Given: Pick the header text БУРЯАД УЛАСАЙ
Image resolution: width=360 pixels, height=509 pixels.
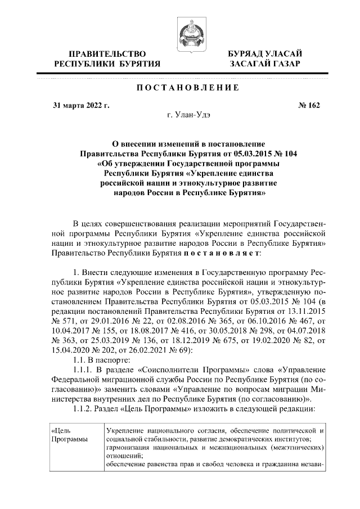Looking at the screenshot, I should [264, 53].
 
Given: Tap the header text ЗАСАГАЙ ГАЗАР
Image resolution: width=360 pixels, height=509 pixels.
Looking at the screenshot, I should [264, 64].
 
